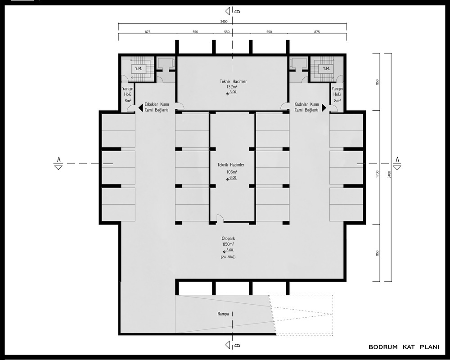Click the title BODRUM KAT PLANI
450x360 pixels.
(404, 347)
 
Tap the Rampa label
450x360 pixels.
(223, 314)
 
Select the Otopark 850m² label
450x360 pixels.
(229, 241)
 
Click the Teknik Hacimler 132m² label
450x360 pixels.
(233, 84)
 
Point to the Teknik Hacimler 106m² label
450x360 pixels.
(231, 168)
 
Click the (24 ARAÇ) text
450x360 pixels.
(228, 257)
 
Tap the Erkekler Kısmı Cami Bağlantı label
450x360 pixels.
(157, 107)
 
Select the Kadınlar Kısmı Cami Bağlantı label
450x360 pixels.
(306, 107)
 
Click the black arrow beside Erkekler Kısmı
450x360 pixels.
(140, 108)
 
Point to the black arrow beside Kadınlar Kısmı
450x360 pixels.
(324, 108)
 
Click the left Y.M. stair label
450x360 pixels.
(139, 69)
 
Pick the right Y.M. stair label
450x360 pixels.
(326, 69)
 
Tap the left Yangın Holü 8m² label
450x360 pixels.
(128, 94)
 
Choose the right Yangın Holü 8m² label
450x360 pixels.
(337, 94)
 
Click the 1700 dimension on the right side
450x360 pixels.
(378, 174)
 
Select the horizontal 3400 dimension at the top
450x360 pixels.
(224, 22)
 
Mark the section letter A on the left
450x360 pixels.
(59, 159)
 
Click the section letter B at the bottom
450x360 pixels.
(237, 345)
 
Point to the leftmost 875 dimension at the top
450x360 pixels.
(148, 32)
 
